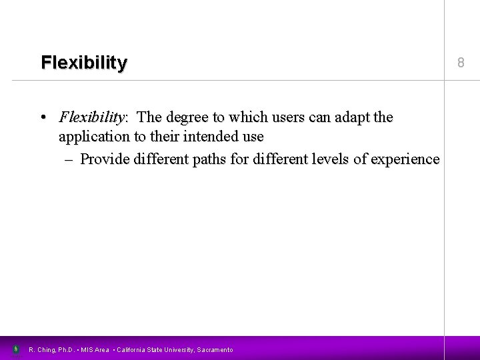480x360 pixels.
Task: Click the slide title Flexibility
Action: click(83, 63)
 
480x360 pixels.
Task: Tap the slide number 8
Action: click(460, 63)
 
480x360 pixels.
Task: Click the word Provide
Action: click(105, 159)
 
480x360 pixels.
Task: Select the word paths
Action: click(210, 159)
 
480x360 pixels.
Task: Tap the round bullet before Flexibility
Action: click(43, 118)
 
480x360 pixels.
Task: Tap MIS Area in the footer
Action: click(95, 349)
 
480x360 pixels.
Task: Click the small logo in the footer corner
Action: click(16, 349)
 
